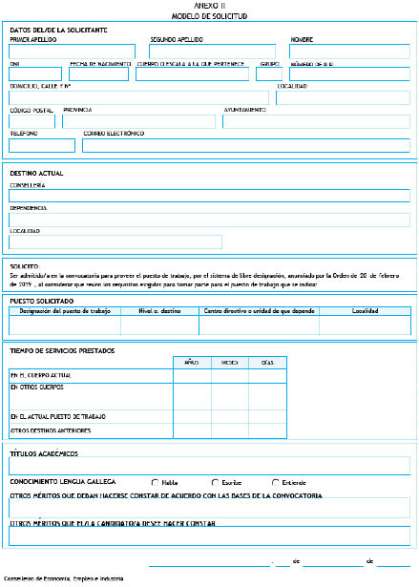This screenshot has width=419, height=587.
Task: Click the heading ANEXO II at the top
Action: [210, 7]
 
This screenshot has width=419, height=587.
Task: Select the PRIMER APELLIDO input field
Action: [73, 52]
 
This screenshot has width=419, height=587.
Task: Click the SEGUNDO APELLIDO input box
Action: [212, 52]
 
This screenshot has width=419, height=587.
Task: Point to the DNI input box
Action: [33, 74]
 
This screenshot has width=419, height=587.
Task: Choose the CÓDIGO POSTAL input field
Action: [32, 121]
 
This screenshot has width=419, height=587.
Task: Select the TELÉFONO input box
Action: [41, 145]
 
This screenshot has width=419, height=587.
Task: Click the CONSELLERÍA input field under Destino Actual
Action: [210, 196]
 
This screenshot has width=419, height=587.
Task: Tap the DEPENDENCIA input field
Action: [210, 220]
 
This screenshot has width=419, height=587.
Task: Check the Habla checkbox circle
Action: [155, 481]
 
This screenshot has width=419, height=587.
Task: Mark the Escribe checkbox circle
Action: [215, 481]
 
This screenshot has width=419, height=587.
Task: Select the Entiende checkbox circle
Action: [276, 481]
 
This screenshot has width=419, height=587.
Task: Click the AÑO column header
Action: [191, 363]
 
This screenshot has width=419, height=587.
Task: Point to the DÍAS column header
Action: [267, 363]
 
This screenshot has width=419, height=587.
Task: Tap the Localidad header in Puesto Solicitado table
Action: [365, 311]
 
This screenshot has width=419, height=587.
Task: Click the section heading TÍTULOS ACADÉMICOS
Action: [44, 453]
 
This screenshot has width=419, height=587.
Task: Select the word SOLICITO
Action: [24, 266]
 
